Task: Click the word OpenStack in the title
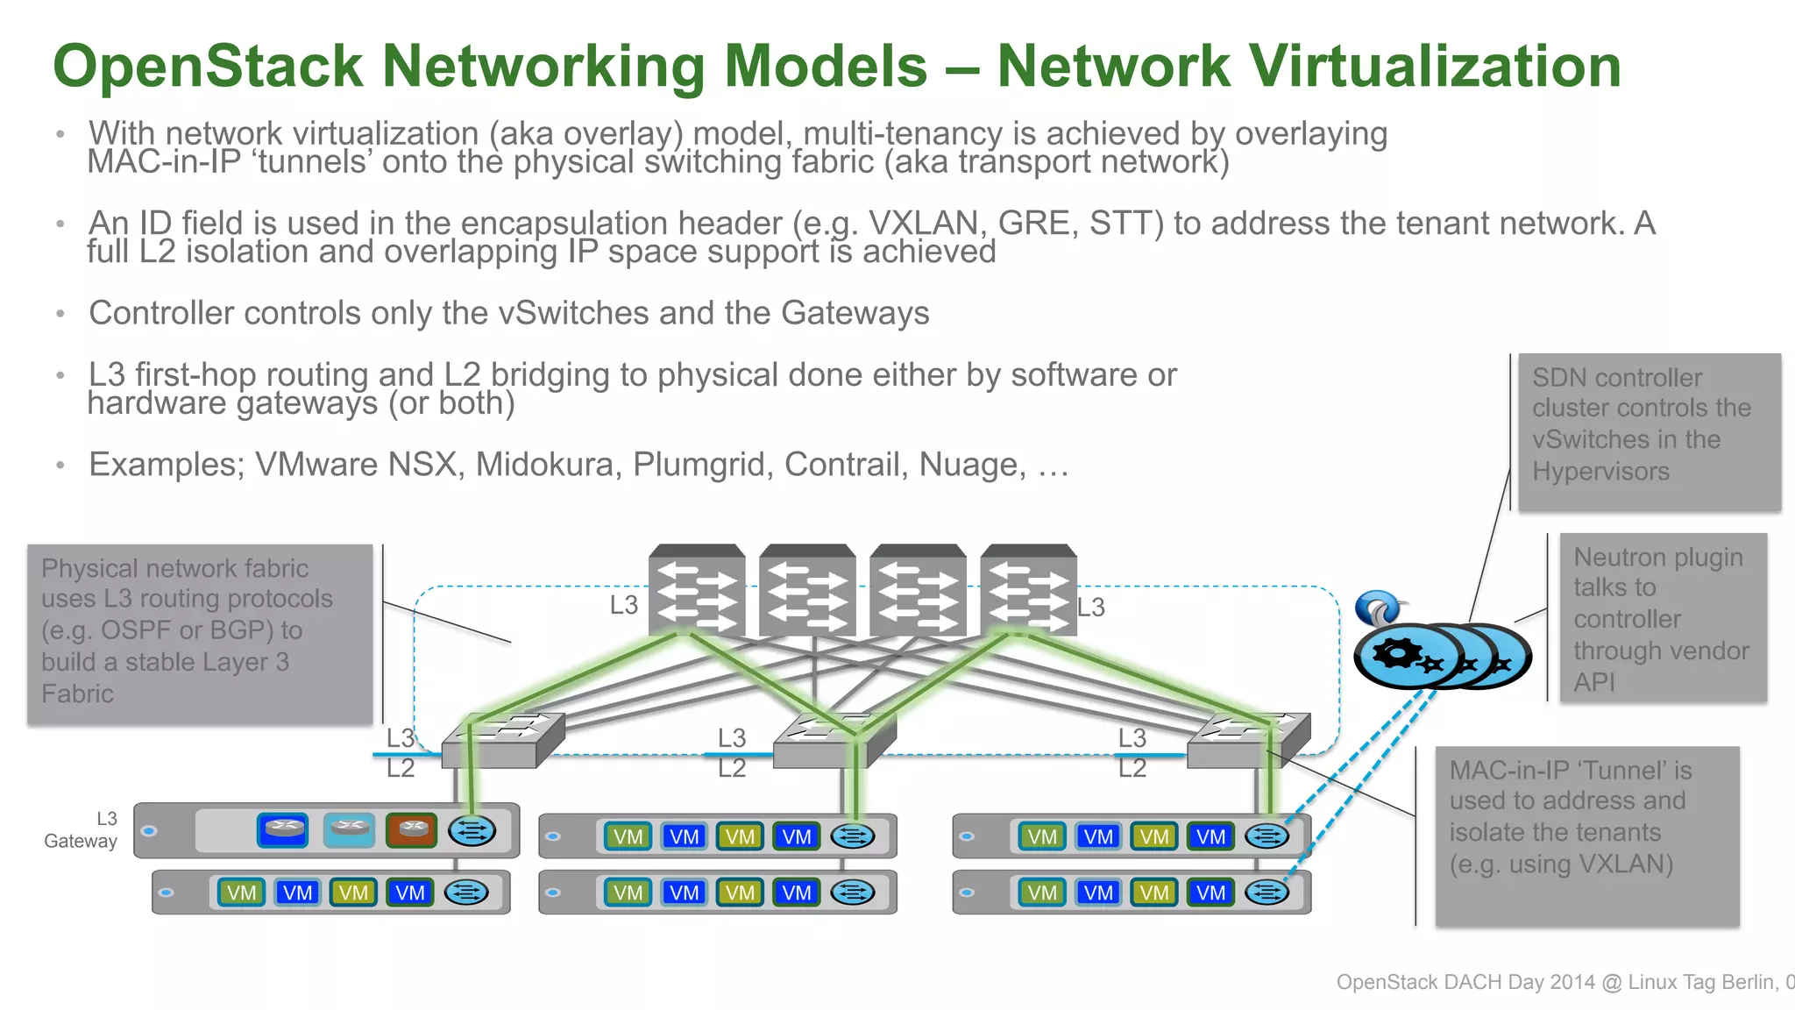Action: (208, 67)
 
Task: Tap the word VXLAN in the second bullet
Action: (923, 224)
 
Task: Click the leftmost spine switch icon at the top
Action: (697, 590)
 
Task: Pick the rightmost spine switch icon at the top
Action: (1028, 590)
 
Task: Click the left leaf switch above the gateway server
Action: (500, 742)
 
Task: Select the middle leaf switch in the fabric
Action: (833, 742)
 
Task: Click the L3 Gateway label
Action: (82, 829)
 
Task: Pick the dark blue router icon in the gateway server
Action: (282, 829)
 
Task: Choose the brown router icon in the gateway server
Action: (412, 829)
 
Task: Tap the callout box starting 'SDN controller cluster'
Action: (1649, 431)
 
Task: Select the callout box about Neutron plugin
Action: (1663, 617)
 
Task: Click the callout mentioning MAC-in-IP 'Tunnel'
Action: (1586, 835)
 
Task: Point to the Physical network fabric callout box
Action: (200, 633)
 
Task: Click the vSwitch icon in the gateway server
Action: (472, 830)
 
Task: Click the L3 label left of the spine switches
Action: (623, 605)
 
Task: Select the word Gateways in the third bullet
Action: (855, 313)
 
